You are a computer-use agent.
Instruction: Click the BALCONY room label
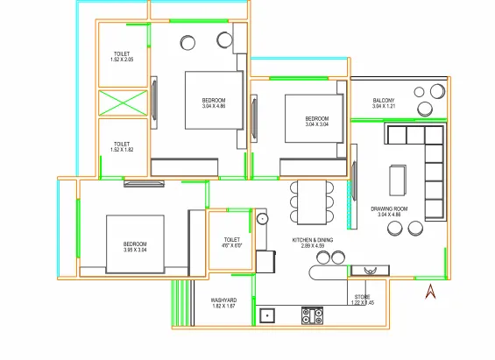[x=383, y=101]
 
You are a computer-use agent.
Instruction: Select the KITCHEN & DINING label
[x=313, y=241]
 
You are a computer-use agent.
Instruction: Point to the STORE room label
[x=363, y=297]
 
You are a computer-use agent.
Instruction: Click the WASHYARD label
[x=224, y=300]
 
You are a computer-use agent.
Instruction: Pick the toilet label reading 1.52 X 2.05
[x=121, y=54]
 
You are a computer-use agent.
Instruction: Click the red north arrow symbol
[x=429, y=290]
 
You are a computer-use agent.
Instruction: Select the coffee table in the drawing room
[x=398, y=180]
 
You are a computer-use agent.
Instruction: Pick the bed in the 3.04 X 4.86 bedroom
[x=211, y=101]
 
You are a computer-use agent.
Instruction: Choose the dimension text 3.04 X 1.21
[x=383, y=107]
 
